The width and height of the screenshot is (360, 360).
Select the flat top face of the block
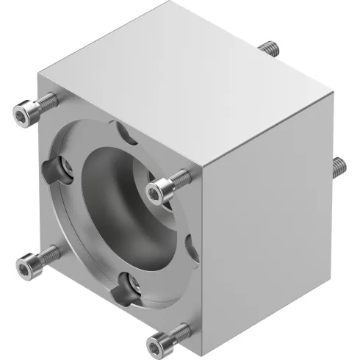click(x=191, y=96)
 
